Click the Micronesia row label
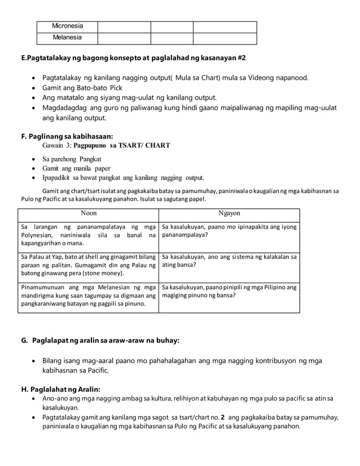point(67,27)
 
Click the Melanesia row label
point(67,38)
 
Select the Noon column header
point(89,214)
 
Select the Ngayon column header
point(229,214)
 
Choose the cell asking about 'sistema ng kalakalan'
point(229,260)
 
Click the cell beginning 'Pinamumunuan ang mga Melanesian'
point(88,295)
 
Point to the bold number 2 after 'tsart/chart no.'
point(223,417)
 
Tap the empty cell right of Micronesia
point(124,27)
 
